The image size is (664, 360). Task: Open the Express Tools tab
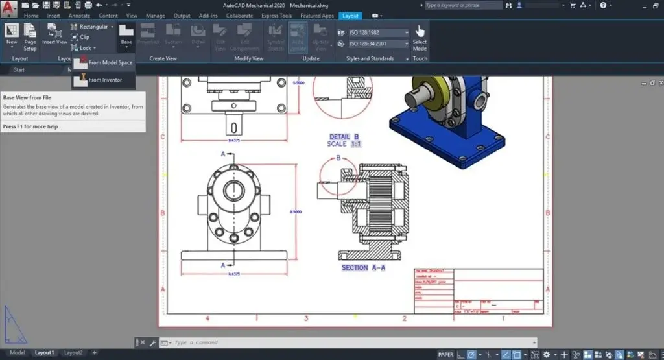click(276, 15)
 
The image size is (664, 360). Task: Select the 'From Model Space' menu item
click(110, 62)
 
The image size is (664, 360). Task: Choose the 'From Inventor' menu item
click(104, 80)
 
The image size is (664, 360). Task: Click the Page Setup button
click(30, 36)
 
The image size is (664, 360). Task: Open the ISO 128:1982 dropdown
click(379, 32)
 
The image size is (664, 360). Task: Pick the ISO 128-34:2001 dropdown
click(379, 44)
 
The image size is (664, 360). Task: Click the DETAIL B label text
click(344, 137)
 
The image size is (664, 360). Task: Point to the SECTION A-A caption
click(364, 267)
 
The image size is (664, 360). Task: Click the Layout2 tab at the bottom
click(73, 353)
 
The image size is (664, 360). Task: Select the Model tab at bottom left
click(18, 353)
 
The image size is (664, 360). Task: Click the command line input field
click(350, 342)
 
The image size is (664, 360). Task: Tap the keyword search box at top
click(462, 5)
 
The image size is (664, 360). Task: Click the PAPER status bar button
click(445, 354)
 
